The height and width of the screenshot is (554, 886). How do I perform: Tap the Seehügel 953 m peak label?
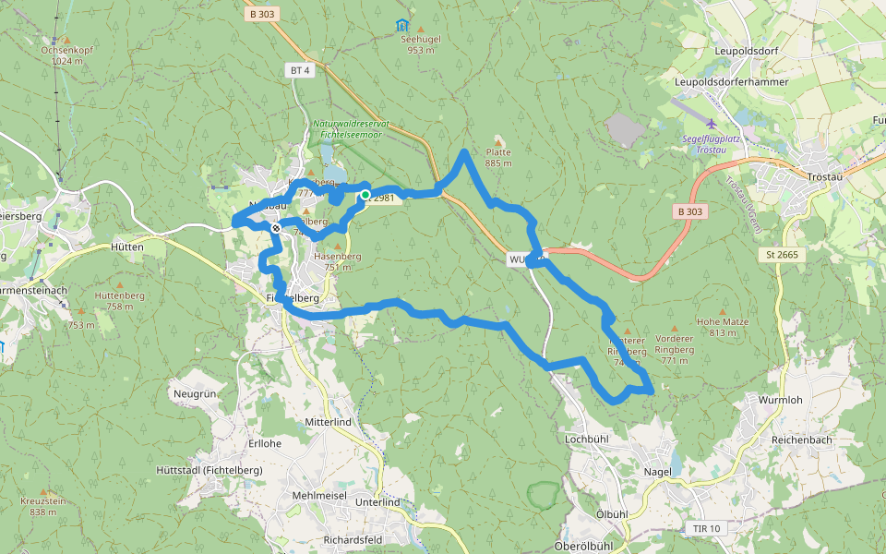click(420, 44)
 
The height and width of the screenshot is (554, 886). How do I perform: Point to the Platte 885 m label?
click(498, 157)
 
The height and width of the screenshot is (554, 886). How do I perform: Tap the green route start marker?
click(365, 195)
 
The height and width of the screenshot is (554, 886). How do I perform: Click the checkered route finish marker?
click(276, 227)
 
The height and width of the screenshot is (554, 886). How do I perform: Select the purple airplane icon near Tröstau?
click(711, 124)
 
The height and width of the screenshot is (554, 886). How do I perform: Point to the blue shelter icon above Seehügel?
click(401, 25)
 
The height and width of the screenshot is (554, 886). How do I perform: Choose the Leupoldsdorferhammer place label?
click(732, 82)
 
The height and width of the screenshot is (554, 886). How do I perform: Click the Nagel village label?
click(657, 471)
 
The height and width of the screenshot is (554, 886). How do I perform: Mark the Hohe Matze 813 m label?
click(723, 327)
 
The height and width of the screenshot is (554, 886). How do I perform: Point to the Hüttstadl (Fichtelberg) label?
click(210, 470)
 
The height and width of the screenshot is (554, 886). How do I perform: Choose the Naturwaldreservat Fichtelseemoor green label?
click(351, 128)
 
